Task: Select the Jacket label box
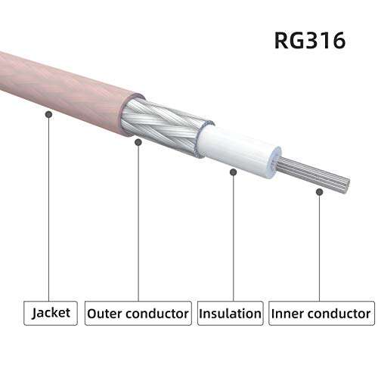tap(53, 312)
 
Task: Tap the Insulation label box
tap(230, 312)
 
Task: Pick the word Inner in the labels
tap(290, 312)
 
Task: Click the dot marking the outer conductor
tap(138, 141)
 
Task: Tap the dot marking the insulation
tap(234, 172)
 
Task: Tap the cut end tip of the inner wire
tap(347, 184)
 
